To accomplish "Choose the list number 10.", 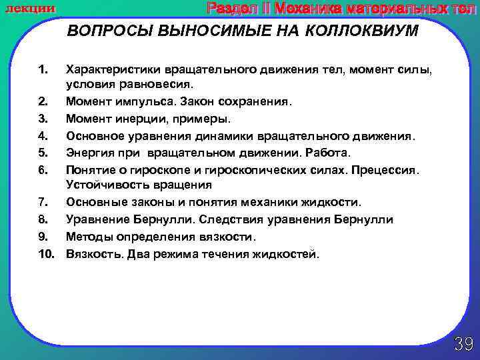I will (46, 254).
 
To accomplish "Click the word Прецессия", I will (388, 169).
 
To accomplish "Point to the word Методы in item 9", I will (85, 237).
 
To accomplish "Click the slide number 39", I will (463, 344).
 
